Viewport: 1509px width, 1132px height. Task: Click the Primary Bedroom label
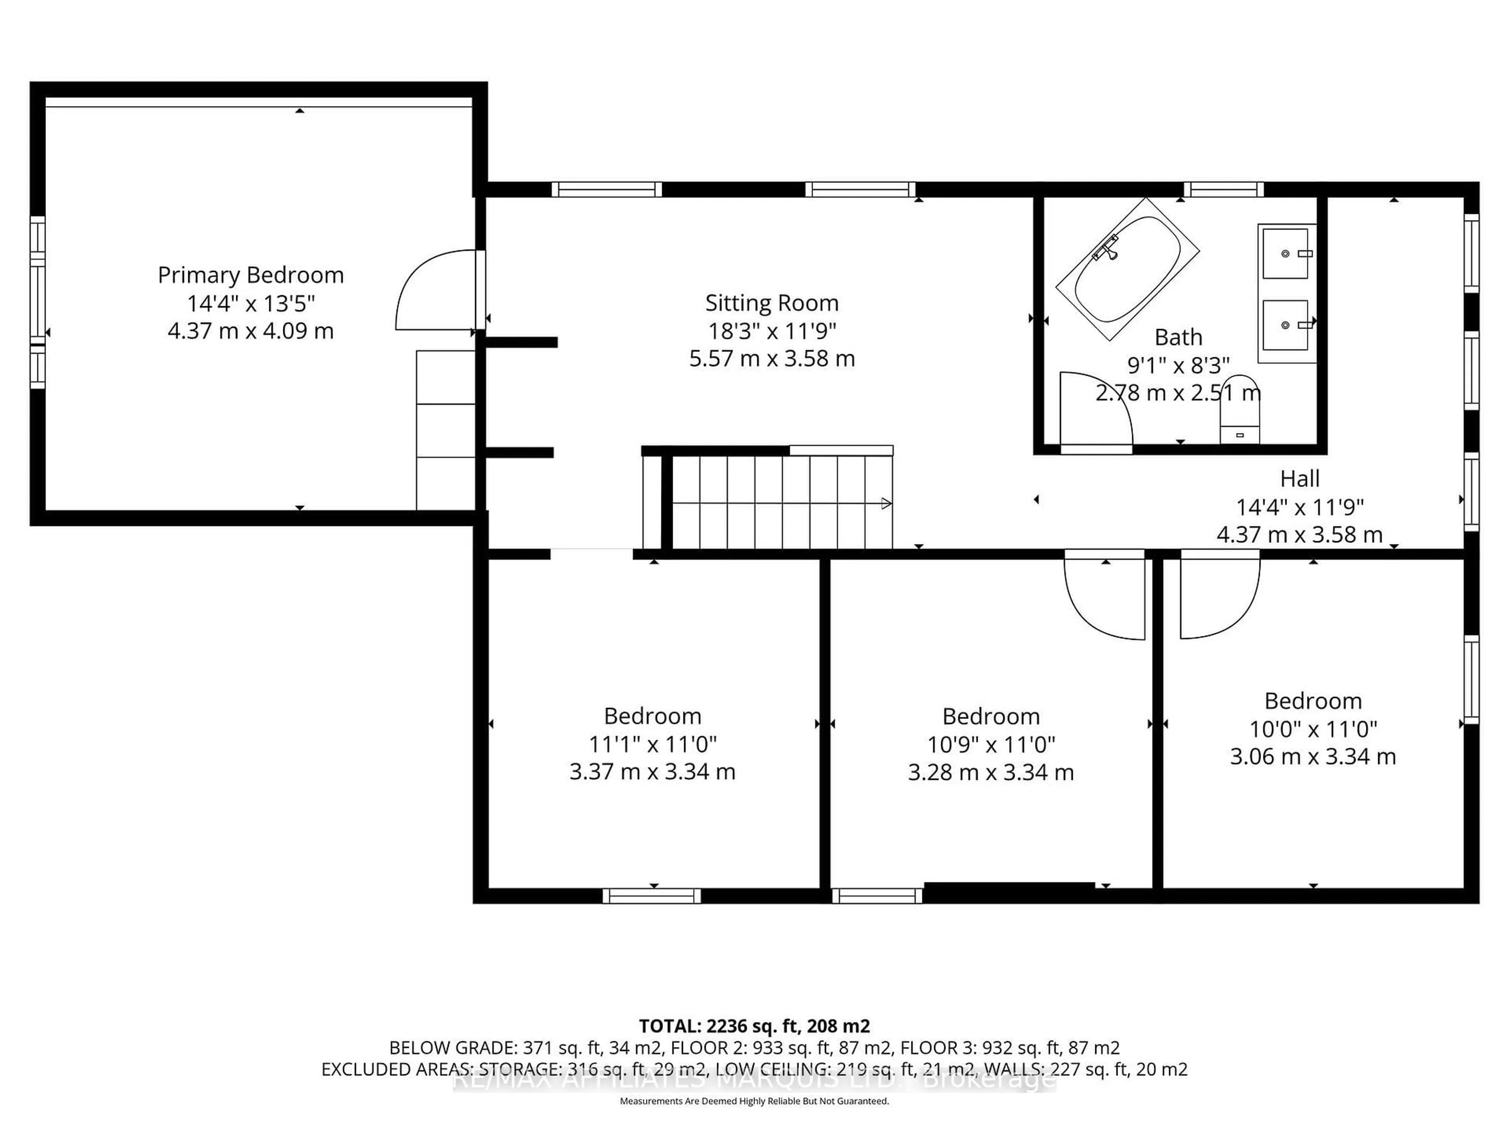click(x=250, y=275)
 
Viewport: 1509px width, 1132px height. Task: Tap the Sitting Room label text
click(x=771, y=303)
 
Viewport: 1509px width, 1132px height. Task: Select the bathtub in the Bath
click(x=1127, y=269)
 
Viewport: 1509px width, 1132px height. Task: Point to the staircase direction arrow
click(x=885, y=504)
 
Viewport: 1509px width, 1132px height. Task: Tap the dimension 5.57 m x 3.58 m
click(x=771, y=358)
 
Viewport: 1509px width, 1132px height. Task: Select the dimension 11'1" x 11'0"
click(x=652, y=744)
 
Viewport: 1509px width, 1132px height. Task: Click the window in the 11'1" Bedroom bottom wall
click(x=652, y=896)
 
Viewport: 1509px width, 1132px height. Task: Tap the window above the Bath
click(x=1223, y=189)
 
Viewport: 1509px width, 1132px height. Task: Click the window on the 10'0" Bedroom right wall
click(x=1472, y=680)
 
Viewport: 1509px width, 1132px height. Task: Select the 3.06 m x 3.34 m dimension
click(x=1313, y=756)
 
